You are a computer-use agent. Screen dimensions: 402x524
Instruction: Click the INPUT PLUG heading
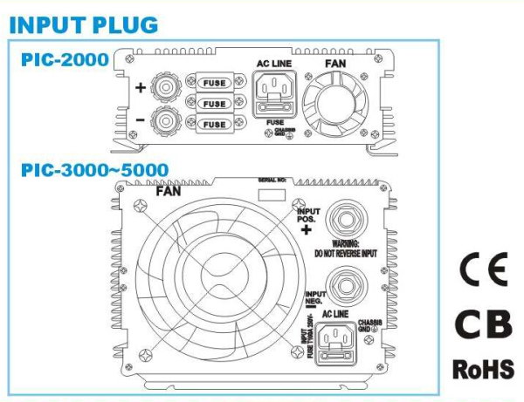click(x=84, y=24)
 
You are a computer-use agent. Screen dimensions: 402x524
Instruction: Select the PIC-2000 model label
click(x=65, y=59)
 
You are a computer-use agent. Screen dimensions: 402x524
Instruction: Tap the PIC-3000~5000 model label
click(x=94, y=168)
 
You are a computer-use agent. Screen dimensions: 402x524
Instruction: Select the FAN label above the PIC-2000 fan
click(x=334, y=65)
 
